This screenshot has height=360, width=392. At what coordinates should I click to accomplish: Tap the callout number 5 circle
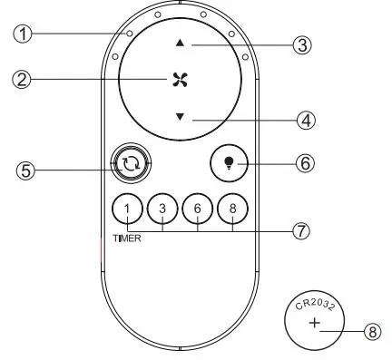(x=29, y=169)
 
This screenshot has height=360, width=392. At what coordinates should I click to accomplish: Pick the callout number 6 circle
(x=305, y=164)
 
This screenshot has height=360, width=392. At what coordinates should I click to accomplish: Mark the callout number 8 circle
(x=370, y=332)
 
